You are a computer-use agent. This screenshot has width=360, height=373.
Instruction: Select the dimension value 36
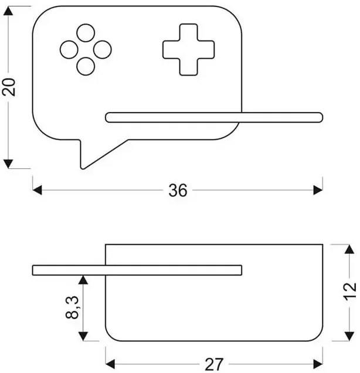click(x=178, y=190)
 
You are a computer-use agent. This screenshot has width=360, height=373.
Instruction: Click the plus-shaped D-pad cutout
click(x=181, y=50)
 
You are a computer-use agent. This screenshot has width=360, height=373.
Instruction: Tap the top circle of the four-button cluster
click(x=86, y=33)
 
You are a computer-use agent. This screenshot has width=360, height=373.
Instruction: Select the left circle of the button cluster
click(x=69, y=50)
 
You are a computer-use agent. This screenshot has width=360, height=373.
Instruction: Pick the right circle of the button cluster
click(x=103, y=50)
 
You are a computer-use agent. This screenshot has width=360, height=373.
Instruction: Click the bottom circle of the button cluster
click(x=86, y=66)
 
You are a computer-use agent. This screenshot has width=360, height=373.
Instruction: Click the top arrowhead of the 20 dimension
click(x=9, y=12)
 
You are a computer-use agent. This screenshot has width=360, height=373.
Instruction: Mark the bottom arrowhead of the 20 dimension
click(x=9, y=163)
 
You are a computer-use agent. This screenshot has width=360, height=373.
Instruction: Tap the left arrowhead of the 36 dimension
click(x=38, y=190)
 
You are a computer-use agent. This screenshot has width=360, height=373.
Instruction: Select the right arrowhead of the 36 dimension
click(x=318, y=190)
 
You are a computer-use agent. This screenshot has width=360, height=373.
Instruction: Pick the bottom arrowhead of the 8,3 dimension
click(x=84, y=336)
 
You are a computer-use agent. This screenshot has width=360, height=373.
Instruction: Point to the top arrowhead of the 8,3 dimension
click(x=84, y=280)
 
